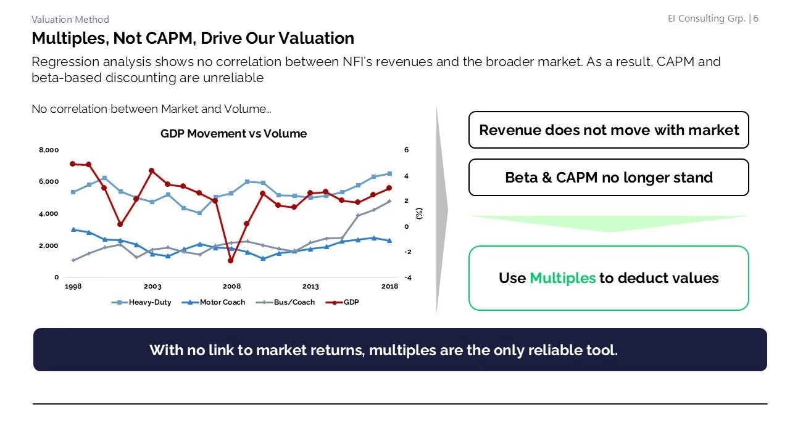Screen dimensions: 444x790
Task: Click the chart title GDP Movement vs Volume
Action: (233, 134)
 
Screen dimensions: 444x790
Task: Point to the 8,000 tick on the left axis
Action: (49, 150)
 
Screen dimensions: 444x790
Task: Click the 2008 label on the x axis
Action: (231, 287)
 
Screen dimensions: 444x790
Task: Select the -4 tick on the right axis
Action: (407, 277)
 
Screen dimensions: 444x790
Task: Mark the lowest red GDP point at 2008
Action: (230, 260)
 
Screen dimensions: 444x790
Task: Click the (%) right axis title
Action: (419, 213)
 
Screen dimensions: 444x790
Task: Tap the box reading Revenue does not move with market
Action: (609, 130)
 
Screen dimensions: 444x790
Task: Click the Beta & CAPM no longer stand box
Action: (609, 178)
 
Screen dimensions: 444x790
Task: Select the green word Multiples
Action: (562, 278)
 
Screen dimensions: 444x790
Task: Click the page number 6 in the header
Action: (755, 18)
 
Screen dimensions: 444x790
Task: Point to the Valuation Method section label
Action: (70, 20)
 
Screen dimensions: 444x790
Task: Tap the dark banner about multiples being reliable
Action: (400, 350)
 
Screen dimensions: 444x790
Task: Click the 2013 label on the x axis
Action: (310, 287)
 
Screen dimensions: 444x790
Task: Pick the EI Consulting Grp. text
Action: (706, 18)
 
